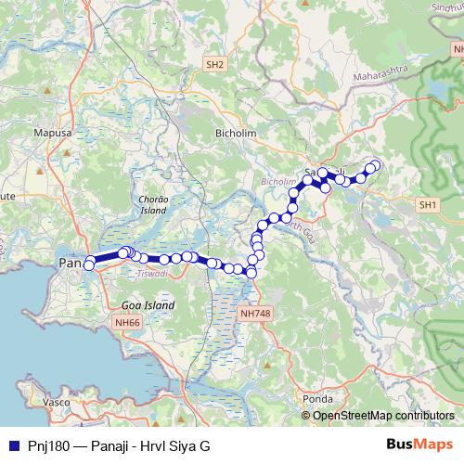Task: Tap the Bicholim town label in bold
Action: (236, 134)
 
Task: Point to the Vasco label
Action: (58, 402)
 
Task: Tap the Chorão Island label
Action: (150, 205)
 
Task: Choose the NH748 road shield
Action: (255, 315)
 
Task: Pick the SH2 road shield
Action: (215, 64)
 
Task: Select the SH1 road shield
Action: (428, 204)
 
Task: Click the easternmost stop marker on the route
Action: (376, 165)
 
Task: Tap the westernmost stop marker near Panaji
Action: (89, 264)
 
